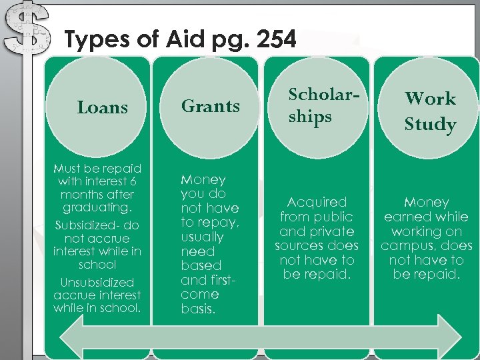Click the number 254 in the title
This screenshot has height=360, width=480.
click(x=275, y=41)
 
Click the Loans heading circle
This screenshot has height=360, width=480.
click(x=102, y=107)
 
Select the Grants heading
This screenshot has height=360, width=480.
click(x=211, y=106)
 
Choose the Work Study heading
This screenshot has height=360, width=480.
click(x=430, y=111)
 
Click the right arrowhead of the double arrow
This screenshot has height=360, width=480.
click(x=453, y=331)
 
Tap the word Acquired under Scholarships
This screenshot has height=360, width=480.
click(x=317, y=202)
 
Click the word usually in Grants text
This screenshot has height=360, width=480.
click(x=202, y=237)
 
